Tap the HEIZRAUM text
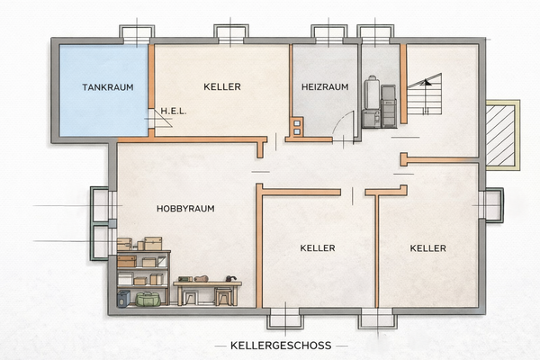(324, 87)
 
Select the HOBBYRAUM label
(184, 208)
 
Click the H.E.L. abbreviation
(174, 112)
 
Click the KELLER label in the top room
(222, 87)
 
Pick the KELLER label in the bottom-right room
(428, 247)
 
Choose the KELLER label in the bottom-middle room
(318, 247)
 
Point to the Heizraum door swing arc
(344, 126)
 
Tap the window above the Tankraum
(137, 34)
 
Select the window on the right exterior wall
(491, 205)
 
